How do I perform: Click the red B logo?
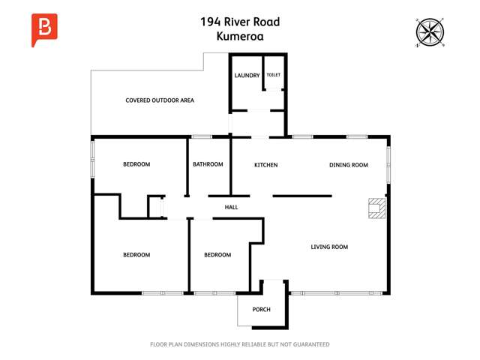[x=44, y=29]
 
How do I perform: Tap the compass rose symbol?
[x=430, y=32]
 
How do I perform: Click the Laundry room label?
[x=247, y=76]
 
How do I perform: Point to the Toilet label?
[x=273, y=75]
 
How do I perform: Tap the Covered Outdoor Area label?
[x=160, y=100]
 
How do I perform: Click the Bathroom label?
[x=208, y=164]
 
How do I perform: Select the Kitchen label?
[x=265, y=165]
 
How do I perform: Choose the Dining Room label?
[x=349, y=165]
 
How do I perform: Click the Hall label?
[x=232, y=207]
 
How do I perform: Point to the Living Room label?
[x=329, y=247]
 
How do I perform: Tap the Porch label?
[x=261, y=309]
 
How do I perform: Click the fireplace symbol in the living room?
[x=376, y=208]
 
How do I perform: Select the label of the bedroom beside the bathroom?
[x=136, y=164]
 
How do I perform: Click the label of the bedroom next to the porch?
[x=217, y=255]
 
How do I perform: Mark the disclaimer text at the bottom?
[x=239, y=344]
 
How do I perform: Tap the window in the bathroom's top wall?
[x=201, y=136]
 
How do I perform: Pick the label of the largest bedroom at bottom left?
[x=136, y=255]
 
